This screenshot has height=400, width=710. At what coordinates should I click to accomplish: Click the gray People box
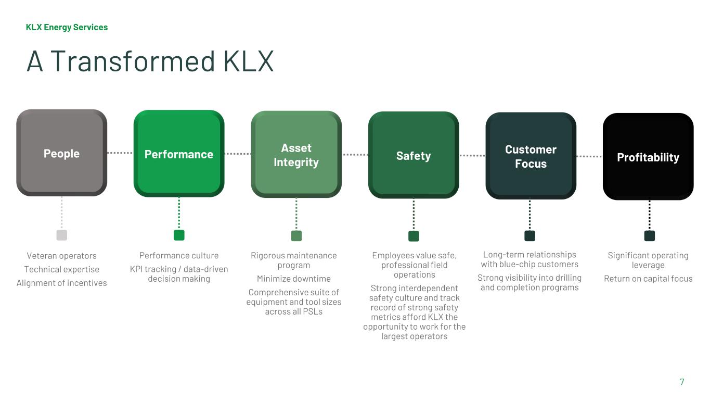[x=61, y=153]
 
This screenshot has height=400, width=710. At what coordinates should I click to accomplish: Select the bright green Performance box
[x=178, y=154]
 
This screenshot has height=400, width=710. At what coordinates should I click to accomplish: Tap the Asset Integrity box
[x=296, y=155]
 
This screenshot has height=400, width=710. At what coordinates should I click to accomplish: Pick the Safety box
[x=414, y=156]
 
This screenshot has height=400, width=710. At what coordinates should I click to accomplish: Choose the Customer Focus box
[x=531, y=156]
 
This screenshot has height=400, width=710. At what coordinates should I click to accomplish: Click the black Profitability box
[x=648, y=157]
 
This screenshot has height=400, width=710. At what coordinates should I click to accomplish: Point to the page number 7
[x=682, y=382]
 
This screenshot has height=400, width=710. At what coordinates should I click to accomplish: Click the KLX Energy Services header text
[x=67, y=27]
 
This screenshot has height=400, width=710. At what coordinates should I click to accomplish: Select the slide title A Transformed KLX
[x=150, y=61]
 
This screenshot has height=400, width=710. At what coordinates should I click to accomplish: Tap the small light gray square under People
[x=62, y=235]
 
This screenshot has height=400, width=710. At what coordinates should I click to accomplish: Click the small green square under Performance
[x=179, y=235]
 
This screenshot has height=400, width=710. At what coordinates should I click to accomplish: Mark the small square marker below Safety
[x=414, y=236]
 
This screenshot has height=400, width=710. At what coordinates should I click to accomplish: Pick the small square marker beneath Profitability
[x=649, y=236]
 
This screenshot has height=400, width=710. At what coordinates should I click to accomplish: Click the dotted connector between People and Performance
[x=120, y=153]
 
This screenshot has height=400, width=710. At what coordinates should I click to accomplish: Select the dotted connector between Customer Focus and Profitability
[x=589, y=156]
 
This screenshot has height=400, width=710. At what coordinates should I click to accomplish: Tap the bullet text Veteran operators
[x=61, y=256]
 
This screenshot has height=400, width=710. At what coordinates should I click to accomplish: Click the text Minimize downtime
[x=294, y=279]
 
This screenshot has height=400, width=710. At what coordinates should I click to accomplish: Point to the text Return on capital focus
[x=648, y=279]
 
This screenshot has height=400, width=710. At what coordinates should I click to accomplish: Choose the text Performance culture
[x=179, y=256]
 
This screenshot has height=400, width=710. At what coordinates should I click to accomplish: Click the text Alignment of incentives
[x=61, y=283]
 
